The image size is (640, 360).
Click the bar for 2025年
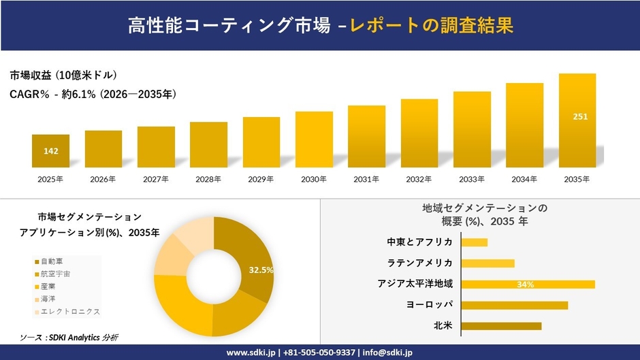[50, 151]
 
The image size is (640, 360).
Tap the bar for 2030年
[314, 140]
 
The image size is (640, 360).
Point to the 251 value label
[580, 116]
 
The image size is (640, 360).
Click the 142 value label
[50, 150]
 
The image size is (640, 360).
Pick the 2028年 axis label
[208, 180]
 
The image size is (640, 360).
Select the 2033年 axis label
[472, 180]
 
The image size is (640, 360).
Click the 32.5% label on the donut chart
[261, 270]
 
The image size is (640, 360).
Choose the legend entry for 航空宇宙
[55, 274]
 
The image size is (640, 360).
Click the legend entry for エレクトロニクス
[67, 312]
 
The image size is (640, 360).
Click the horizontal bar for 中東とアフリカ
[475, 242]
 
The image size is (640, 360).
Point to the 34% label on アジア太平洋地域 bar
[525, 284]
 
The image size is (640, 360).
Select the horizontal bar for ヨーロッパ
[515, 305]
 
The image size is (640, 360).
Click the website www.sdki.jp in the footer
[250, 353]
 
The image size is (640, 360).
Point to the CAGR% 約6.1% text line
[93, 95]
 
